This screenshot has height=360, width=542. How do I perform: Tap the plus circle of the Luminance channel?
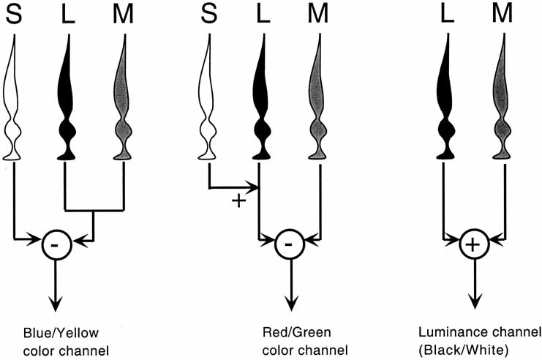coord(473,244)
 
